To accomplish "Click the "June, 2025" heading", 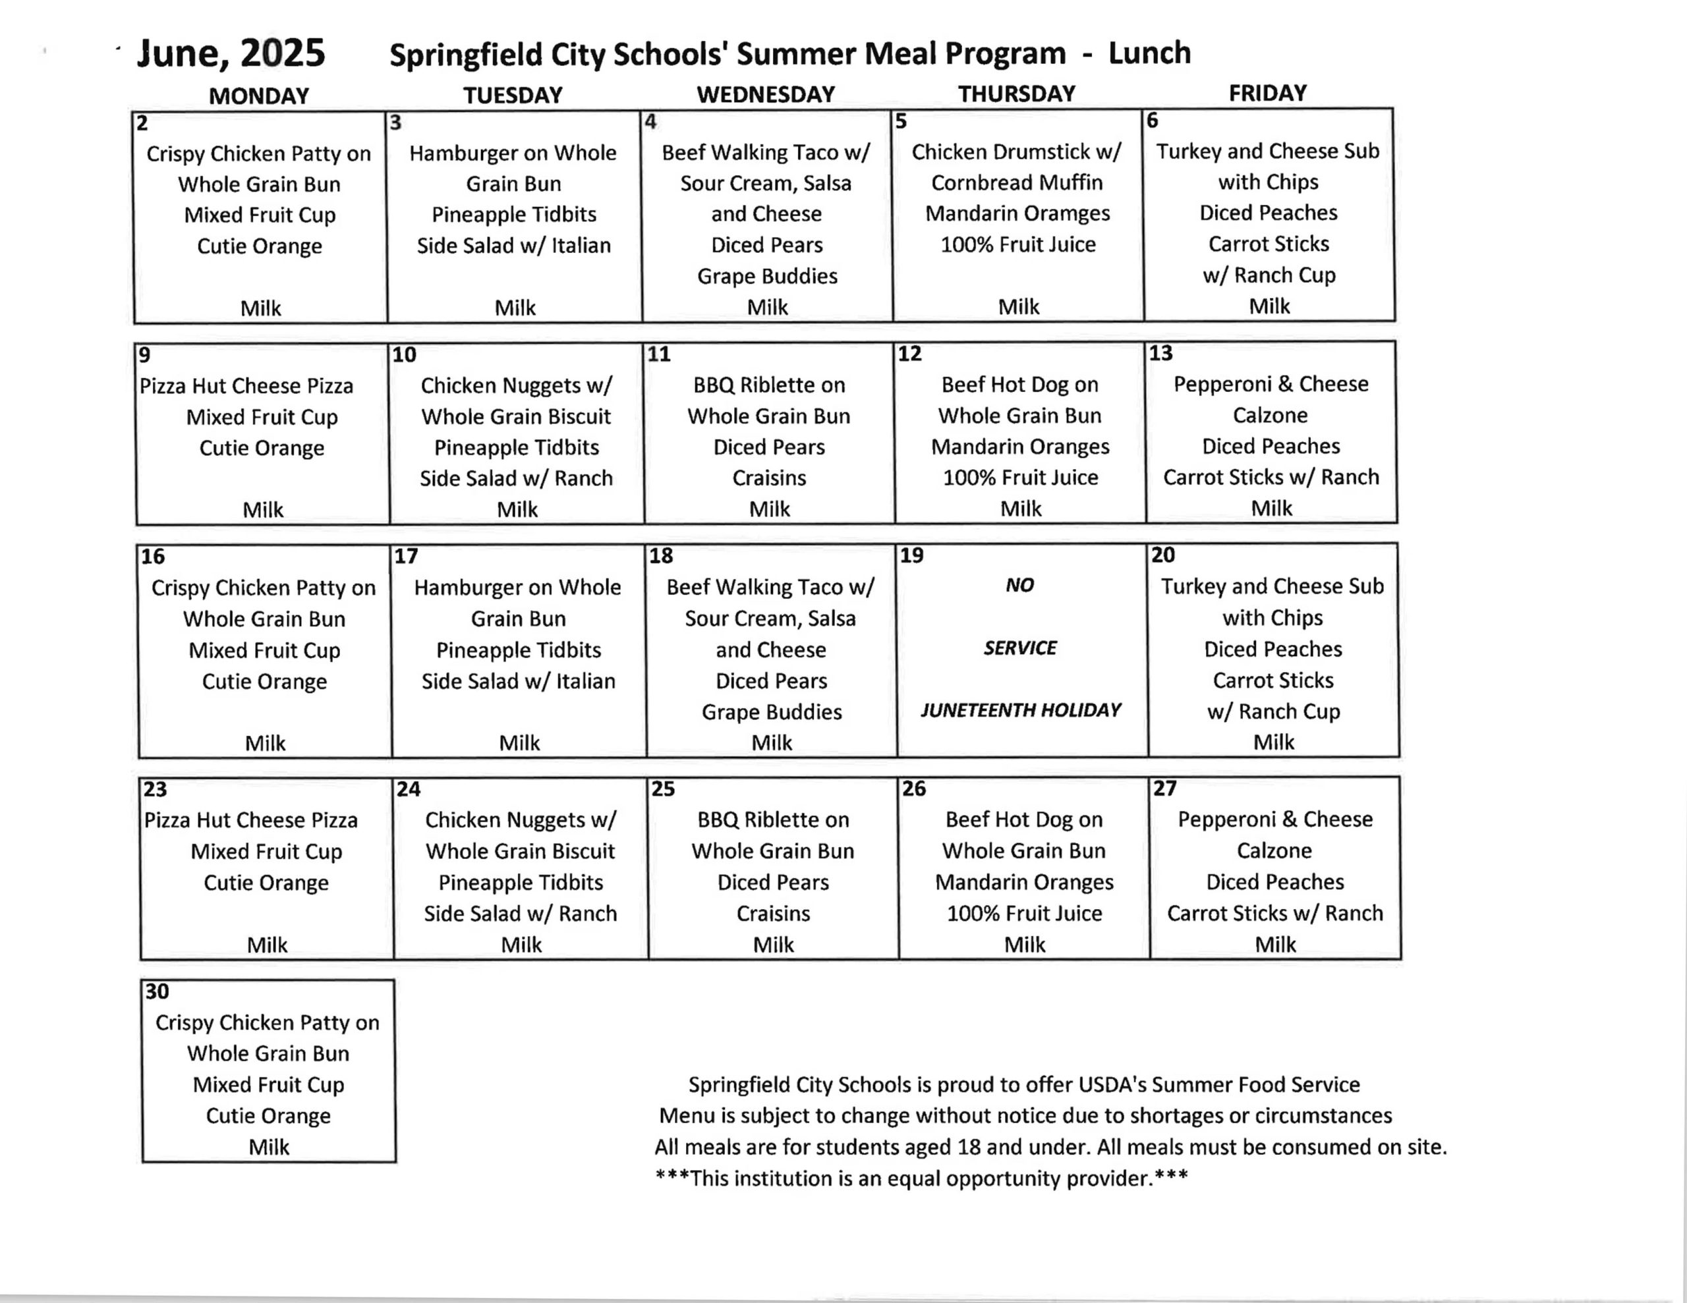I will [x=231, y=53].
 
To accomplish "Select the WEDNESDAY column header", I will [x=766, y=94].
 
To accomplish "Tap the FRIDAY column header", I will [x=1268, y=93].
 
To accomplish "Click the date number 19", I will [x=911, y=555].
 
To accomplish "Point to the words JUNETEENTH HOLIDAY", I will [x=1020, y=710].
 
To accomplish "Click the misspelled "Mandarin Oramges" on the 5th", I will [x=1017, y=213].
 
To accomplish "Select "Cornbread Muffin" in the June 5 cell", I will [x=1017, y=182].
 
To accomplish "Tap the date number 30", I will [x=157, y=991].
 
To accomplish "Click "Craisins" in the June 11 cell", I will [x=768, y=478].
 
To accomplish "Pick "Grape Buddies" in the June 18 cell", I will [x=771, y=711].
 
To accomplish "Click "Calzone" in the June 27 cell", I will [x=1274, y=850].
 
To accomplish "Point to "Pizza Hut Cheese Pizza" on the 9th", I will [x=246, y=385].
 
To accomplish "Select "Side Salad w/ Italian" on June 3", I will [x=513, y=246].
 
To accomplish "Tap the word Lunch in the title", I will [x=1149, y=53].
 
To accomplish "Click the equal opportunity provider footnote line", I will [x=921, y=1178].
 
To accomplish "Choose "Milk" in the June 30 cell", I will [x=269, y=1147].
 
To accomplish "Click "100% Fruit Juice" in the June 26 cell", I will [x=1024, y=913].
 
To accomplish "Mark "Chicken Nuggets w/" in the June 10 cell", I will [x=516, y=385].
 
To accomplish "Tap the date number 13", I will [x=1160, y=353].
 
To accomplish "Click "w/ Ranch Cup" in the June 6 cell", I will [x=1269, y=275].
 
